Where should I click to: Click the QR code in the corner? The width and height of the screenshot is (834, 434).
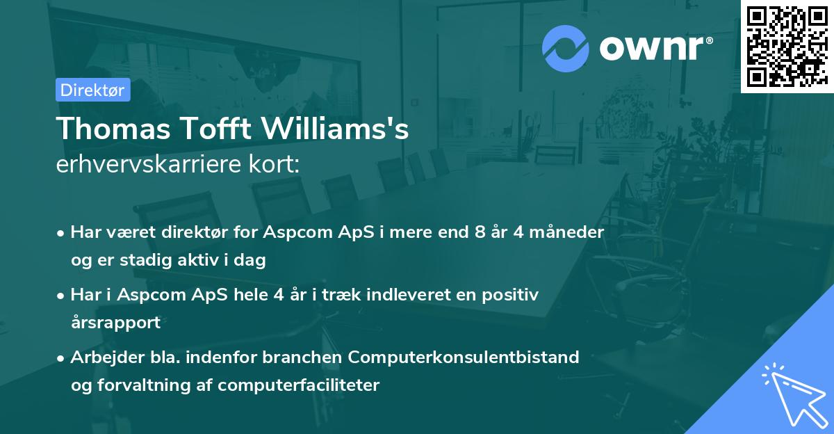(x=787, y=46)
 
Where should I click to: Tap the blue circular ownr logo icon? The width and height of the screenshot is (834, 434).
(x=565, y=49)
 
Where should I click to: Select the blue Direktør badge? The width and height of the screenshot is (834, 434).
(x=92, y=90)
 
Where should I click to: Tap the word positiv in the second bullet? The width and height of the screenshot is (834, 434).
(x=514, y=295)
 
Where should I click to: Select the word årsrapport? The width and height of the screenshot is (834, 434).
(x=115, y=323)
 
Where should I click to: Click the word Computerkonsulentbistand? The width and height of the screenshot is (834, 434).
(x=464, y=357)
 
